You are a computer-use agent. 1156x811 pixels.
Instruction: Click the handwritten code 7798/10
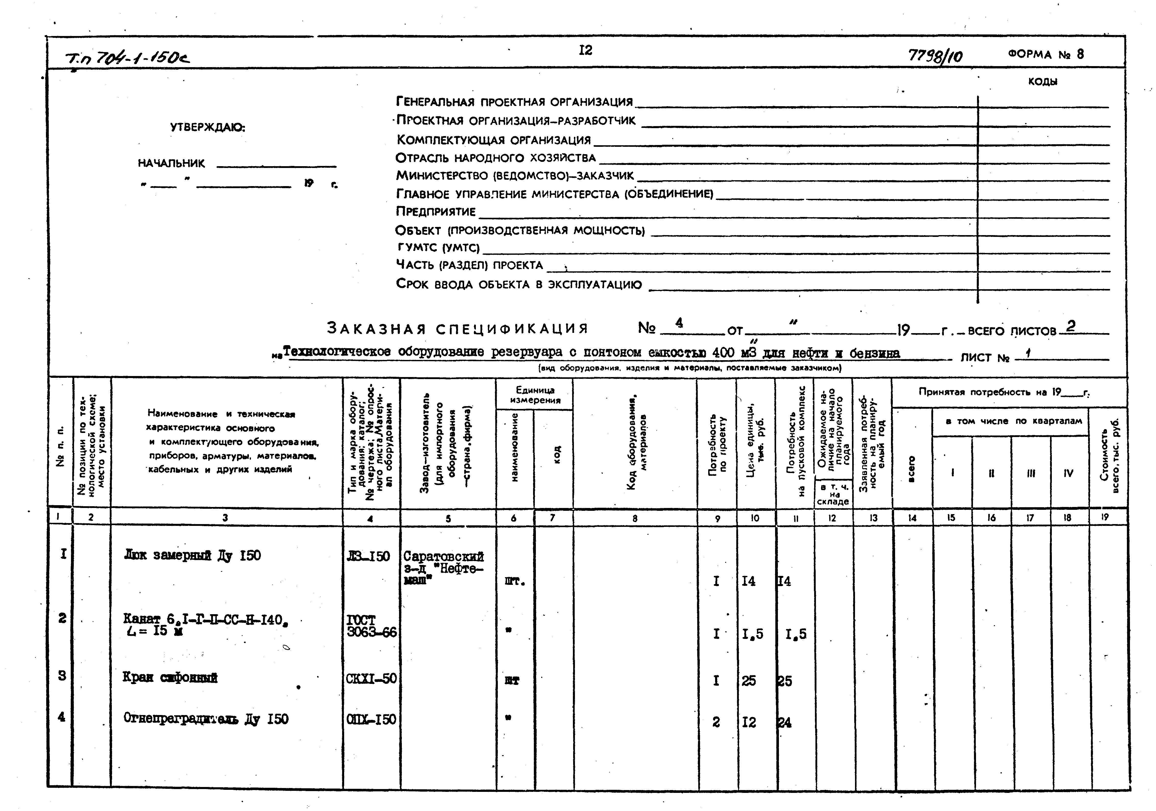coord(935,55)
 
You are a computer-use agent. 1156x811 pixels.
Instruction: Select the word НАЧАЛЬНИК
coord(171,164)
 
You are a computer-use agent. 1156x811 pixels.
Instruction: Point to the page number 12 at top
coord(586,50)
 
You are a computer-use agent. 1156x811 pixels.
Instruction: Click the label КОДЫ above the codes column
coord(1042,81)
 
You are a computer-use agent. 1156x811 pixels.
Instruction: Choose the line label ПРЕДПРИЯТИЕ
coord(436,211)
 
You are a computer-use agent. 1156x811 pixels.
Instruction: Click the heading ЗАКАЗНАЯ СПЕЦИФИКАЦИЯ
coord(457,329)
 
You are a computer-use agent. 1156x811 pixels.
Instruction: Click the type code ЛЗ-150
coord(368,556)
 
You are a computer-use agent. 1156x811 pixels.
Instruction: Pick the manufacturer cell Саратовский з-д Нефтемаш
coord(443,568)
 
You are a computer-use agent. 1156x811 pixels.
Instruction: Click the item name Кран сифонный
coord(170,677)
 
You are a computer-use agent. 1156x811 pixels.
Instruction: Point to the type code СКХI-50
coord(371,679)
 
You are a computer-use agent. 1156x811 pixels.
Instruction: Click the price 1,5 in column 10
coord(752,634)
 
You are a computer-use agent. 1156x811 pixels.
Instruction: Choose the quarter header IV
coord(1068,473)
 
